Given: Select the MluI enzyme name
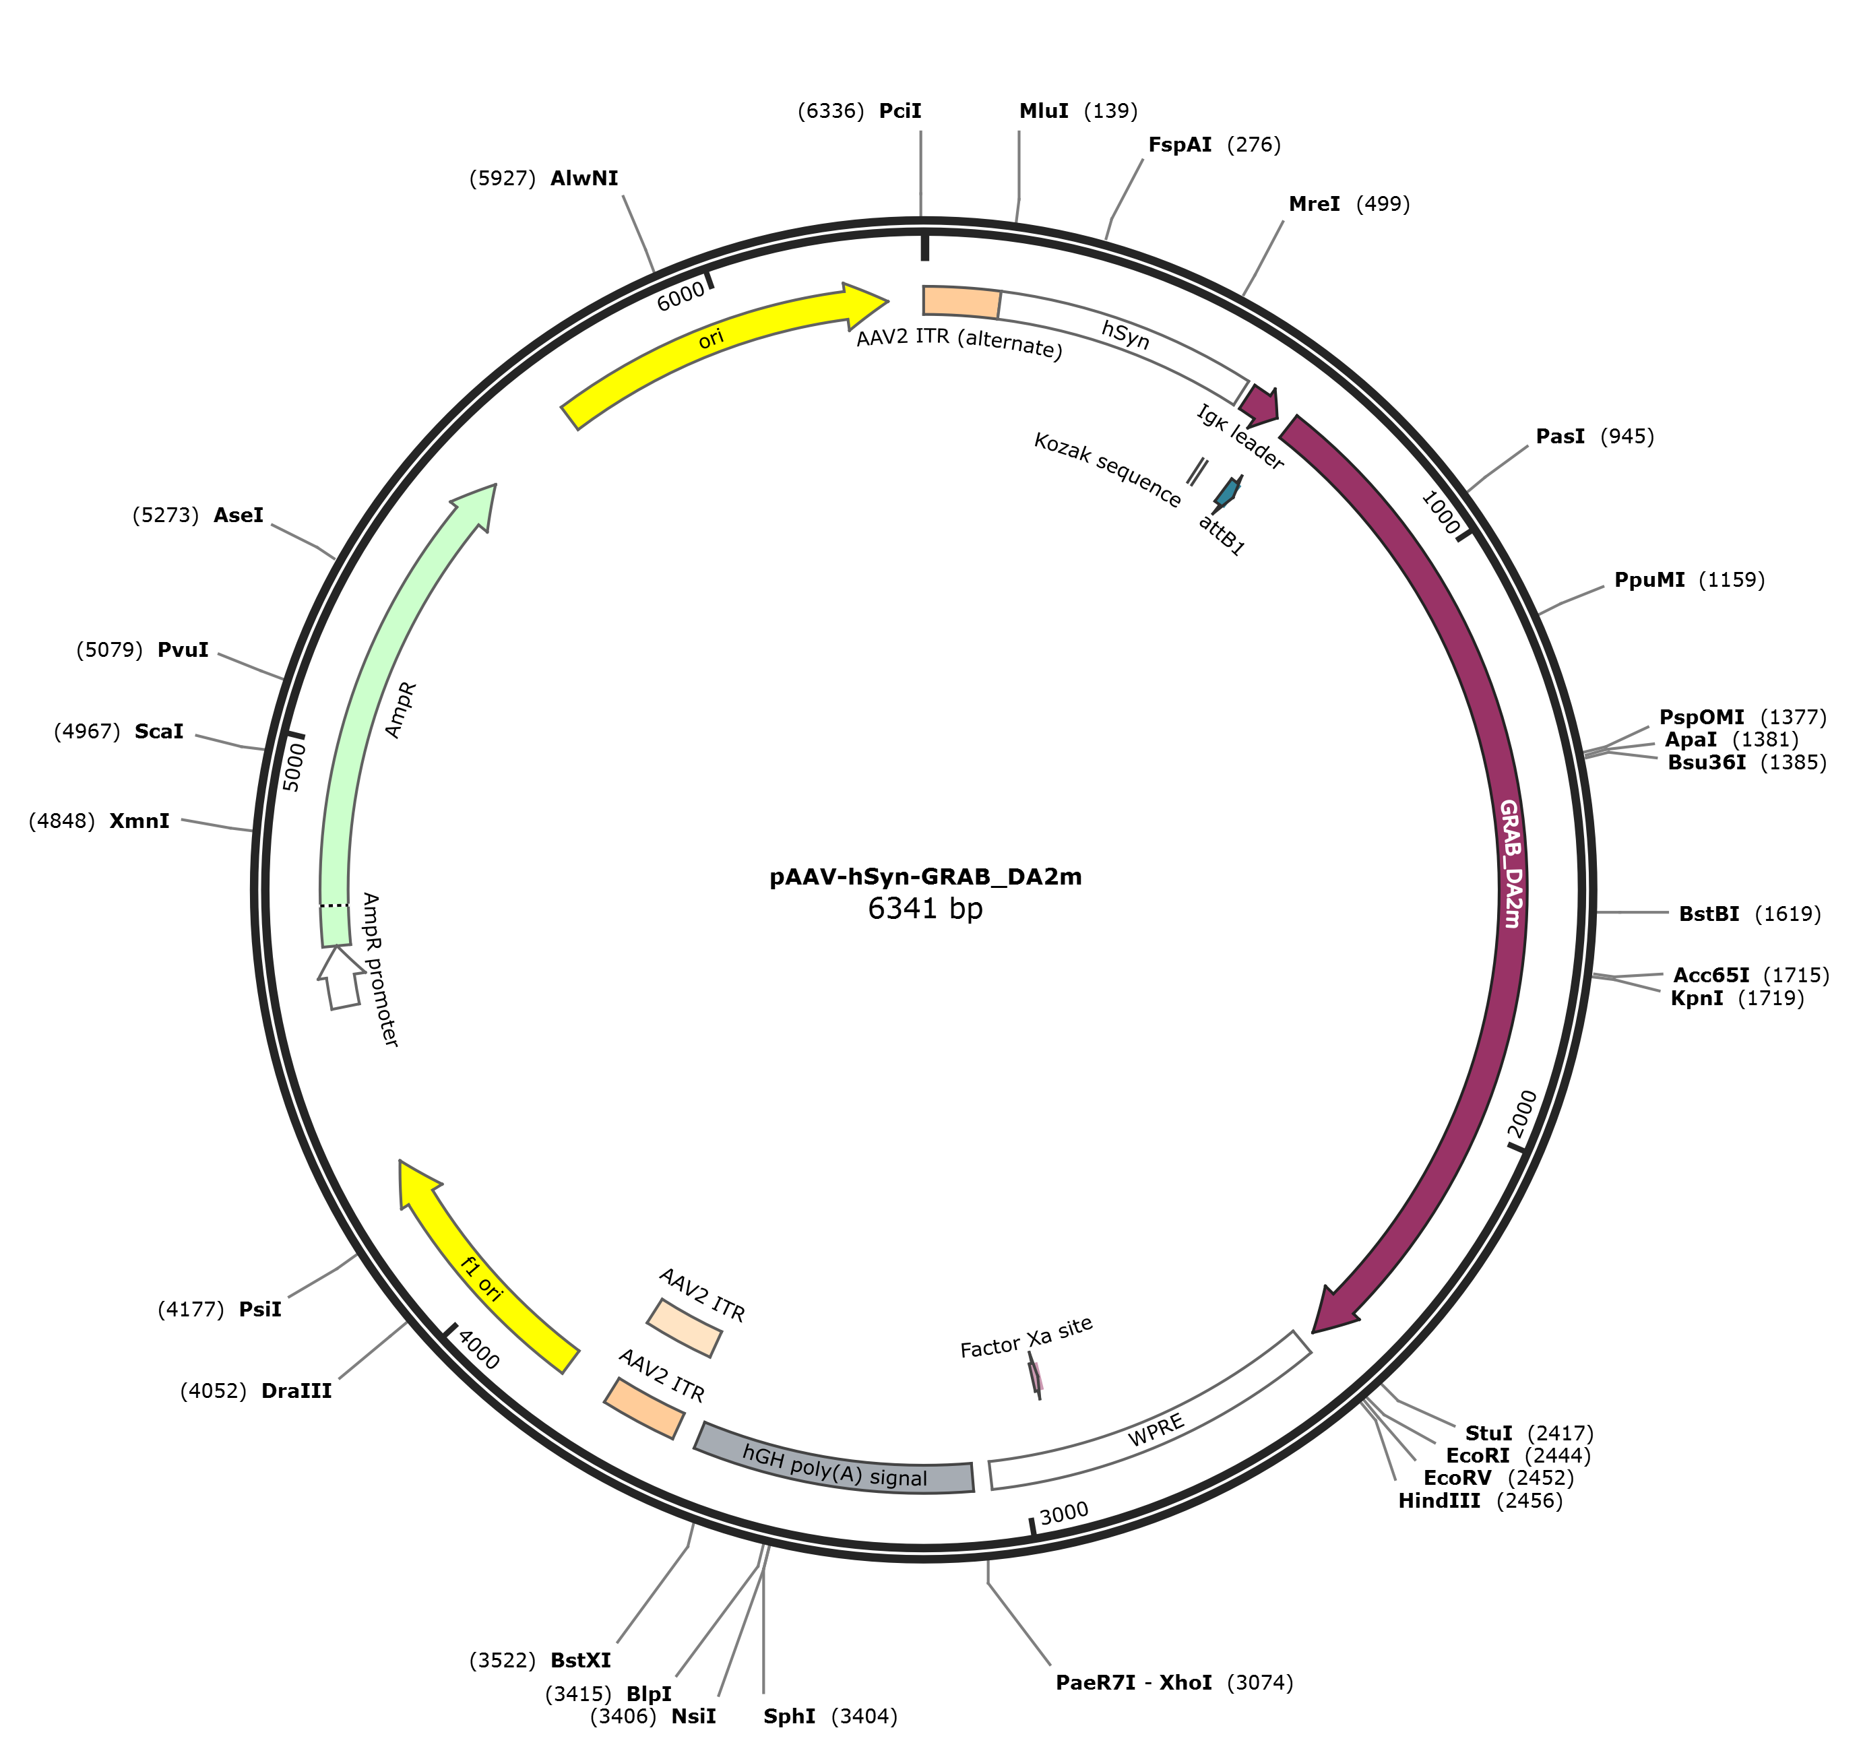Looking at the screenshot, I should click(1043, 111).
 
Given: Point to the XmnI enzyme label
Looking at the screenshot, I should click(139, 821).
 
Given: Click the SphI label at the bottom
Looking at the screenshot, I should click(788, 1717).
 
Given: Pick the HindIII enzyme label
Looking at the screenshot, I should click(1439, 1501).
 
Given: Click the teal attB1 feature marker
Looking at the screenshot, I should click(1226, 492).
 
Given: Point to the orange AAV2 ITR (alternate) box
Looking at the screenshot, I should click(961, 302).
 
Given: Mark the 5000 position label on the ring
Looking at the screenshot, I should click(294, 766).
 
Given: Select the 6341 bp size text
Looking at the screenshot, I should click(925, 908).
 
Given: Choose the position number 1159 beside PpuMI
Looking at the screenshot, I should click(1731, 581).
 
